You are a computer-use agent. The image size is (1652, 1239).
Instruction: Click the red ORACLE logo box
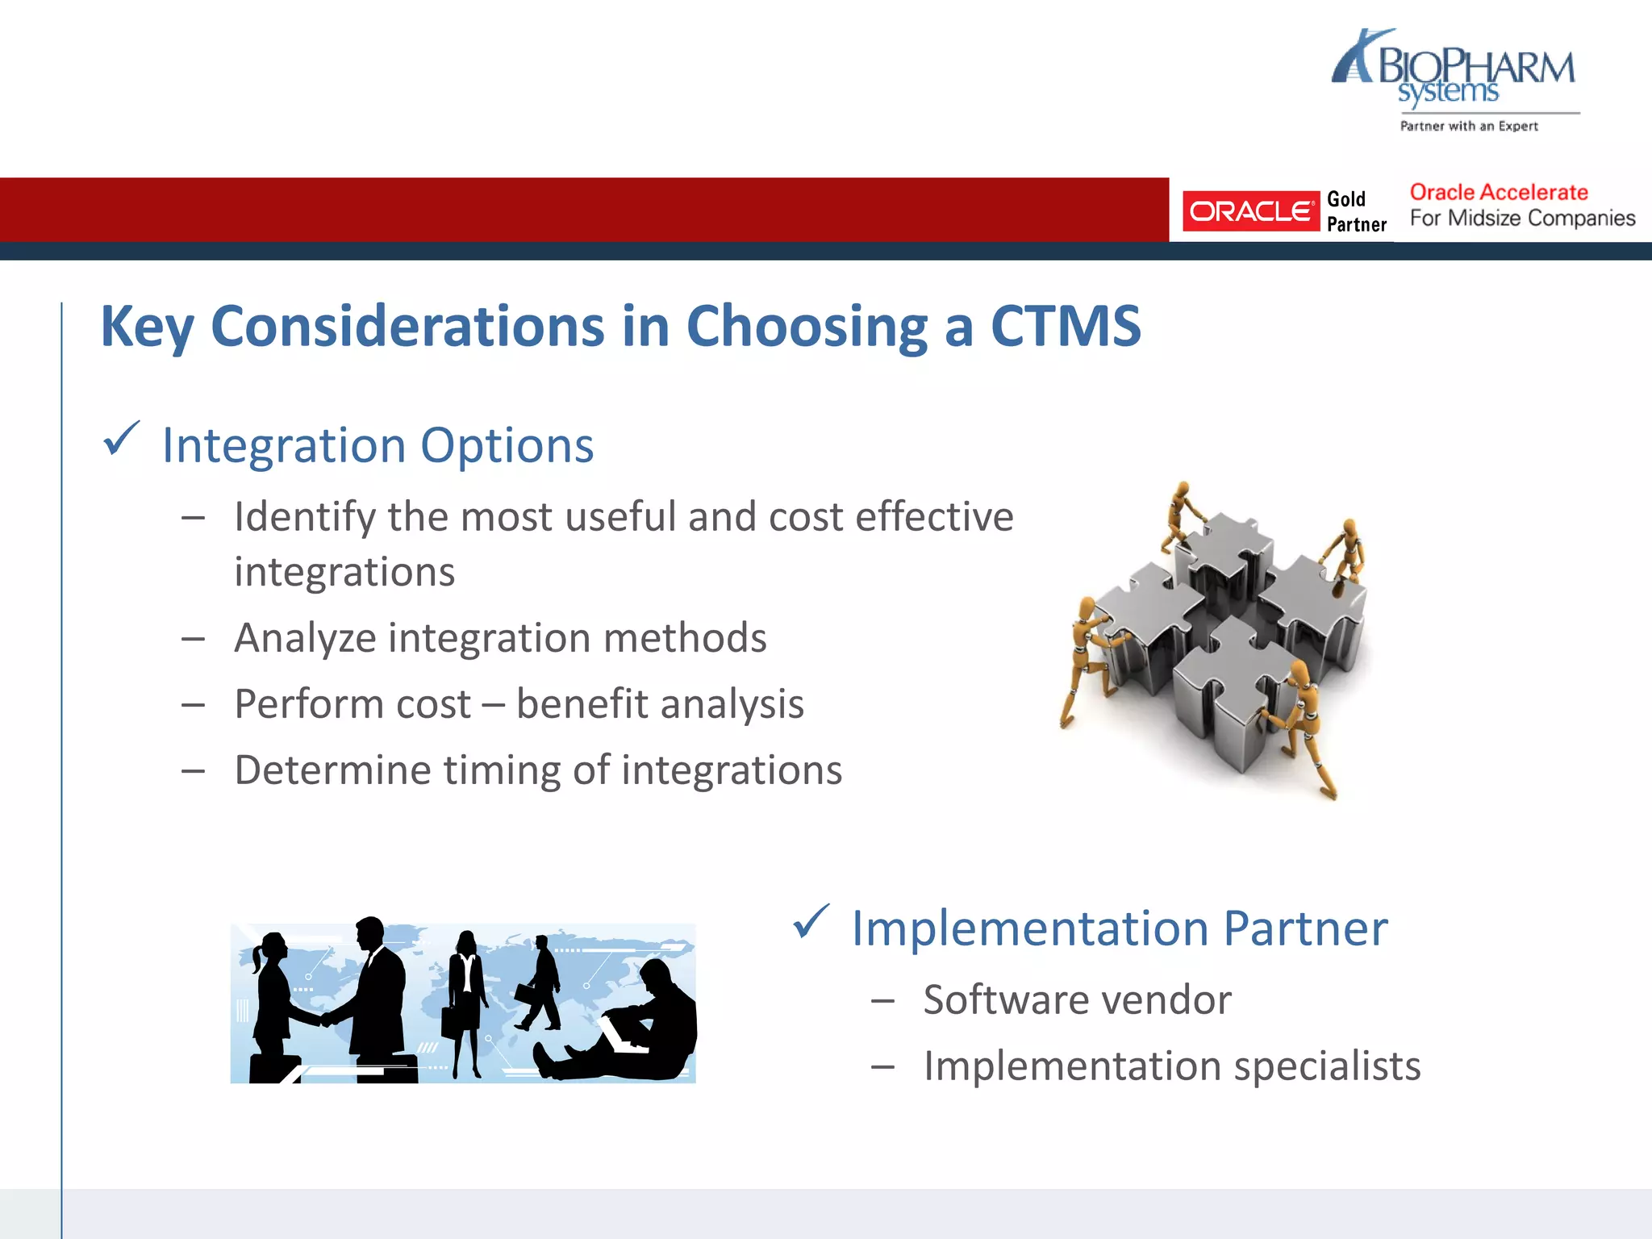[1250, 211]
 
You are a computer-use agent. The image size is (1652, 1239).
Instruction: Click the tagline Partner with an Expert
[1469, 126]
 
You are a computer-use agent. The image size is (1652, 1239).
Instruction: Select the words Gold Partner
[1356, 211]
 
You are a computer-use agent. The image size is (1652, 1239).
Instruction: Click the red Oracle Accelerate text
[1499, 193]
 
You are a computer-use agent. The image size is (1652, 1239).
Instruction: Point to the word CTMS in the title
[1065, 327]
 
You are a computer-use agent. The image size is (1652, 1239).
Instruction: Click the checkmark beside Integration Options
[122, 440]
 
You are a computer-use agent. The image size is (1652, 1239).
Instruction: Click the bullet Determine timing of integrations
[538, 770]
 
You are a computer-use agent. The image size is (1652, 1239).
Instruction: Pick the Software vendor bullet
[1077, 1000]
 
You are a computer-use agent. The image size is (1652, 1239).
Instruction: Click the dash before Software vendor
[883, 1001]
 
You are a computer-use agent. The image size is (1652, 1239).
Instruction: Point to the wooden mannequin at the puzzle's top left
[1181, 516]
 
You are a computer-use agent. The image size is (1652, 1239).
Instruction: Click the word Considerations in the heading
[407, 327]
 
